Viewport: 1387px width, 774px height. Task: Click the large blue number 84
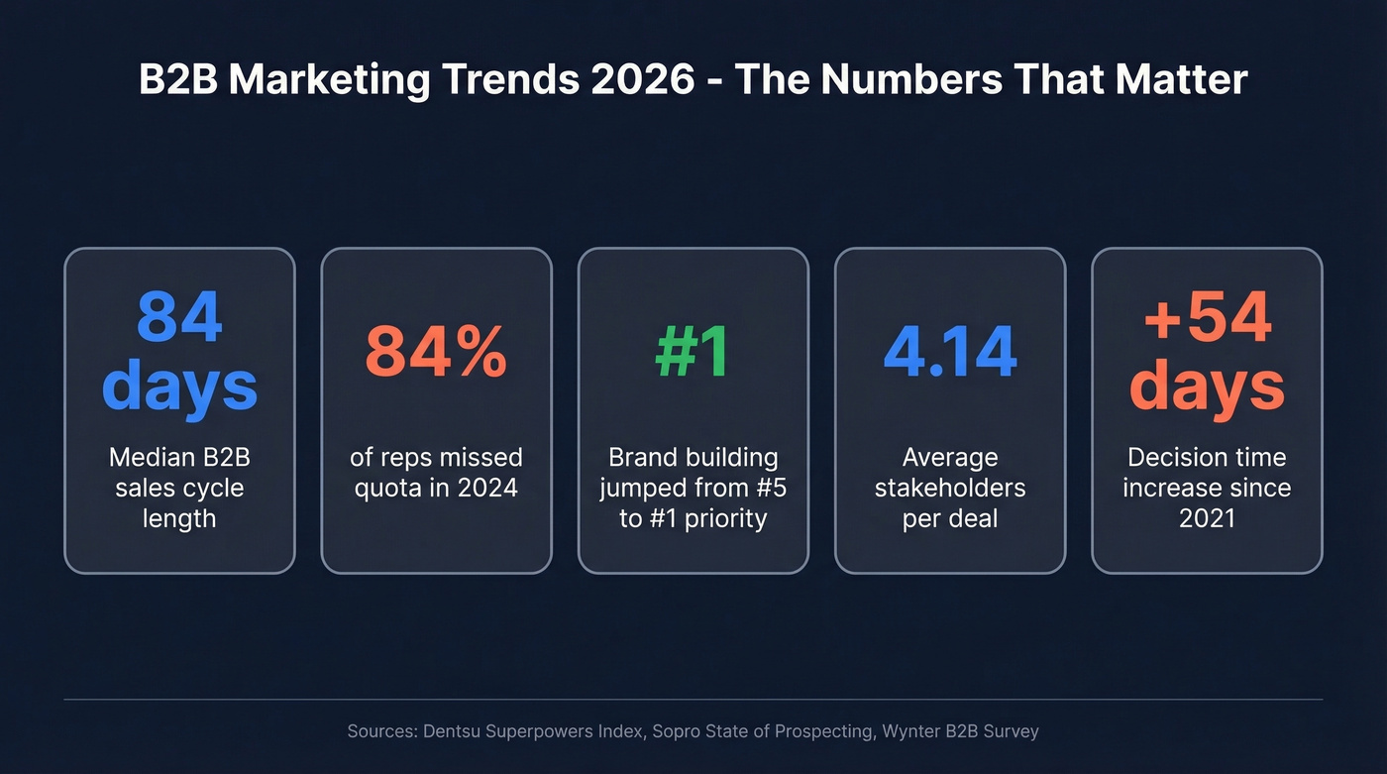point(179,317)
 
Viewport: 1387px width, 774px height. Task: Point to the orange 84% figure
point(436,352)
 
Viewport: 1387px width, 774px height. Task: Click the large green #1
point(693,352)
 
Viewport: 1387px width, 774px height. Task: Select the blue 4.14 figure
point(949,352)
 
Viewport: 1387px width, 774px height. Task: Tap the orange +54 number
point(1207,317)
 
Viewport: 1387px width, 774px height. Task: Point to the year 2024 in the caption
point(489,489)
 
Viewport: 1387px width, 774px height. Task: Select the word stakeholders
point(949,489)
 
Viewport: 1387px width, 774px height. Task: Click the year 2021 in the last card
point(1207,518)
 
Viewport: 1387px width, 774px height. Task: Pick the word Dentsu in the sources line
point(455,732)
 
